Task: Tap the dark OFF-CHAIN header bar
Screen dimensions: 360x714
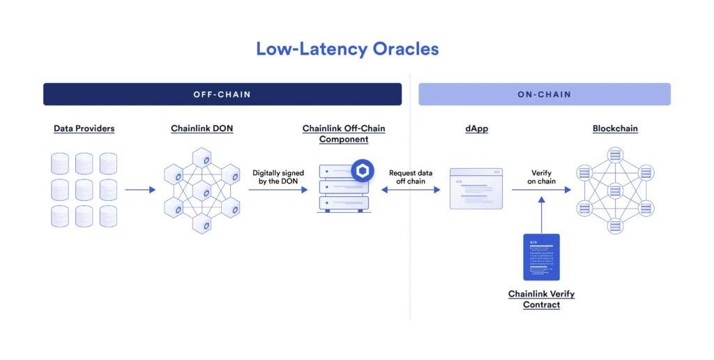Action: (222, 94)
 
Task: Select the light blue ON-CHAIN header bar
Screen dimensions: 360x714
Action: (544, 94)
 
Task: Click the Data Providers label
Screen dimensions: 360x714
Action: (84, 128)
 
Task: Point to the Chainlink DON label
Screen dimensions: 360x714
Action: (202, 128)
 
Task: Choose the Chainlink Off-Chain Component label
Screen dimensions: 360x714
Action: (343, 134)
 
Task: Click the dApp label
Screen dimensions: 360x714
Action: (476, 128)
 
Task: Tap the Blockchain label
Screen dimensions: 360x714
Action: (615, 128)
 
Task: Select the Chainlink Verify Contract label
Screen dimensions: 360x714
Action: (541, 299)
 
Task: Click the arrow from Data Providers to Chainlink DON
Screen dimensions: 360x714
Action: (140, 189)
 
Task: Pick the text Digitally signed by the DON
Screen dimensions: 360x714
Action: (278, 177)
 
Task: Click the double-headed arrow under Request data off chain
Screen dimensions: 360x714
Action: (411, 189)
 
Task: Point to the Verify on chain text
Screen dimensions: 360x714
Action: (541, 177)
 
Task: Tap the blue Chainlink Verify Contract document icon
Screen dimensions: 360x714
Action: (542, 257)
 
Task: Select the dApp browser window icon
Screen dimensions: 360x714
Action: (476, 188)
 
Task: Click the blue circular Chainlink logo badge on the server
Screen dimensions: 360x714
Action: (362, 170)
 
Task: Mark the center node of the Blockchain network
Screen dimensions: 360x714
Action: (615, 190)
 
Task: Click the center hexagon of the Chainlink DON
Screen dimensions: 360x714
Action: (202, 190)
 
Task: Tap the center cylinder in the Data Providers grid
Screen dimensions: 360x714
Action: (84, 190)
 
